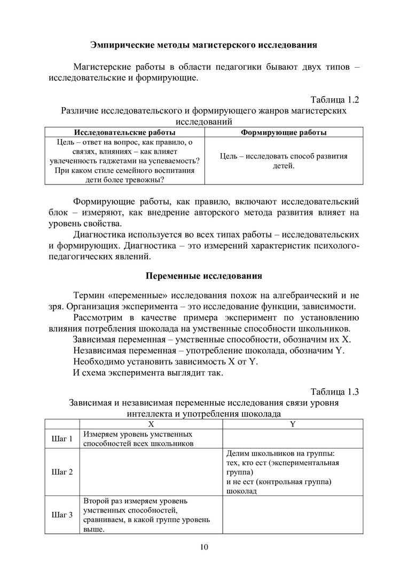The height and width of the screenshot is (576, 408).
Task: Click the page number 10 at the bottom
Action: [x=203, y=547]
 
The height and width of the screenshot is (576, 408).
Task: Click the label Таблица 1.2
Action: [x=334, y=100]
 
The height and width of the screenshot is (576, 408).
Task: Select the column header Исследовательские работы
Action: [x=123, y=132]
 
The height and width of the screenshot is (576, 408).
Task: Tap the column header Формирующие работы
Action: [x=284, y=132]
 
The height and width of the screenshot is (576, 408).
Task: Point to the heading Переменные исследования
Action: [x=203, y=276]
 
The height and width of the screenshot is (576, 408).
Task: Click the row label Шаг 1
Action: [x=61, y=439]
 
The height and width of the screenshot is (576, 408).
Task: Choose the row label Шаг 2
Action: [x=61, y=472]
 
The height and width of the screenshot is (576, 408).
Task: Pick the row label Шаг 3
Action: [x=61, y=515]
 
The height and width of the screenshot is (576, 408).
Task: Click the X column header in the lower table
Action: [x=151, y=424]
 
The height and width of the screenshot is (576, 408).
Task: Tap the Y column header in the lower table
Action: [x=293, y=424]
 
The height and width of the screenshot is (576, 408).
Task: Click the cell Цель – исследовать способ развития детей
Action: [x=284, y=161]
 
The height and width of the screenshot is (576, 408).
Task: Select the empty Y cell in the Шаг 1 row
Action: [x=293, y=439]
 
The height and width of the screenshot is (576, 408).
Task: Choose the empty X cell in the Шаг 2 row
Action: [x=151, y=472]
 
